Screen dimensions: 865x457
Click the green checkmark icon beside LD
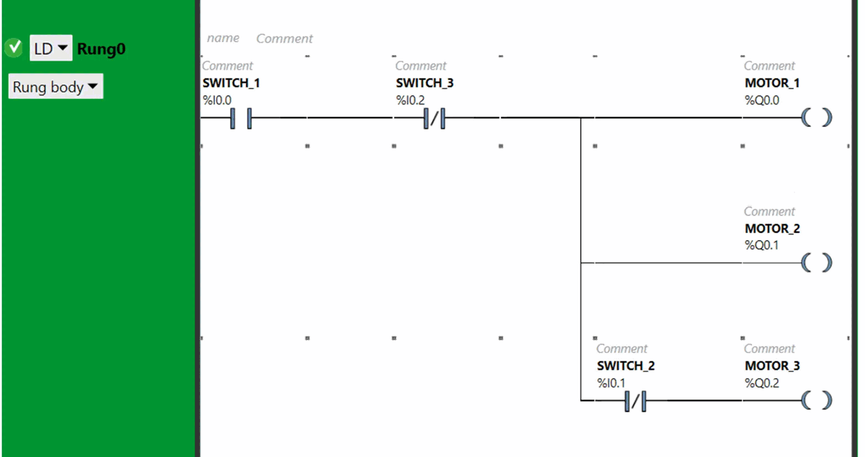point(14,48)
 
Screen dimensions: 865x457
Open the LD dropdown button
point(51,48)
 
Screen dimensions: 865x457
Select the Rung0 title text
point(101,49)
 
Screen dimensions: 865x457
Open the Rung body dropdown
point(55,87)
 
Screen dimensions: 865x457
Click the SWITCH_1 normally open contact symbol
point(241,118)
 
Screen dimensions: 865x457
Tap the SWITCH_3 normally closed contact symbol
point(435,118)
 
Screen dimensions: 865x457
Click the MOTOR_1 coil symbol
point(817,117)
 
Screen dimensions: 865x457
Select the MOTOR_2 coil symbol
point(817,263)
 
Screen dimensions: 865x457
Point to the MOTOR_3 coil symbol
point(817,400)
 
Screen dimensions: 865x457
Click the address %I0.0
point(217,101)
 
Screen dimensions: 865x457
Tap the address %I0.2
point(410,101)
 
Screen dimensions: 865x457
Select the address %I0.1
point(611,383)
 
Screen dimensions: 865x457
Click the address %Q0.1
point(762,245)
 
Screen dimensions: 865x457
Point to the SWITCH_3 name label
point(424,83)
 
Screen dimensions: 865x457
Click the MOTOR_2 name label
point(772,228)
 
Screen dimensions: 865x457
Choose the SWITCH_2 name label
point(626,366)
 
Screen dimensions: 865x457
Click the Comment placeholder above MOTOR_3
point(769,348)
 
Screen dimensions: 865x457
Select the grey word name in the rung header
point(223,38)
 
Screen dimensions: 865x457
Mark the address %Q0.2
point(762,383)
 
